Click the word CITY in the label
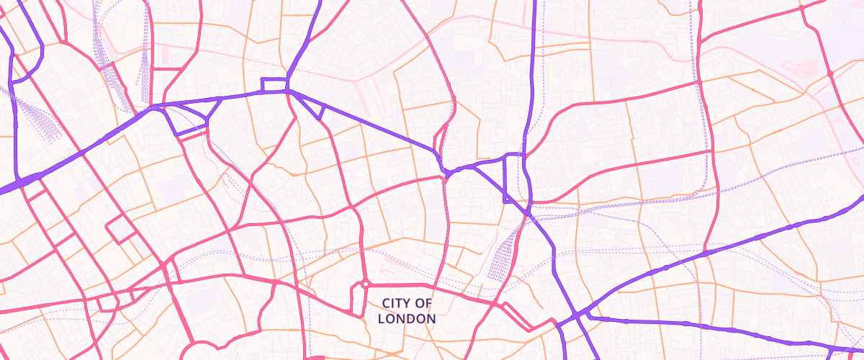tap(397, 303)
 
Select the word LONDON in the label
tap(407, 318)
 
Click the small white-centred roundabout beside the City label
tap(365, 284)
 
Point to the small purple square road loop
tap(274, 85)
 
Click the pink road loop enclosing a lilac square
tap(121, 230)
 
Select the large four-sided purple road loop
tap(191, 119)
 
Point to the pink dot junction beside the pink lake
tap(829, 73)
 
